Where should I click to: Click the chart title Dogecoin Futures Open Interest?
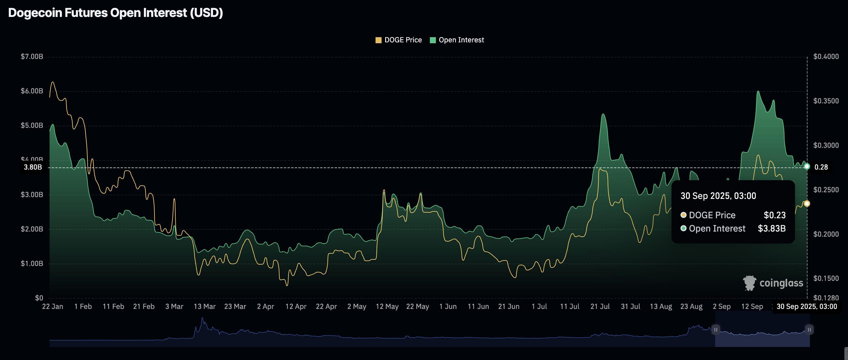click(115, 13)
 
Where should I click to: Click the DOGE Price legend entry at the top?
click(399, 40)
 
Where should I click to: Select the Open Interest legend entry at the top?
click(457, 40)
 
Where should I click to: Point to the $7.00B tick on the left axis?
click(32, 57)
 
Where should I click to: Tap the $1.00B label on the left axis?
click(32, 264)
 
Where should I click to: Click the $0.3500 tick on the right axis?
click(826, 101)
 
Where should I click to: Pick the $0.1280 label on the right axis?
click(826, 298)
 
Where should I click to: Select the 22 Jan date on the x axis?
click(53, 306)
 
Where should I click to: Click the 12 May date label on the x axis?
click(387, 306)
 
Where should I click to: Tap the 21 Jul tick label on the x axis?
click(600, 306)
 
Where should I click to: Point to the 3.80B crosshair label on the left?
click(33, 167)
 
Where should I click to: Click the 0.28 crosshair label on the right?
click(821, 167)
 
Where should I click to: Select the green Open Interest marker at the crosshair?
click(807, 167)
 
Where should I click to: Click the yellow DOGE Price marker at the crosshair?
click(807, 204)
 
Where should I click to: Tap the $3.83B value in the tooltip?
click(772, 229)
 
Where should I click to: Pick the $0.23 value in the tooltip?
click(775, 215)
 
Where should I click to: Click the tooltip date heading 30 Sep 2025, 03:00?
click(718, 196)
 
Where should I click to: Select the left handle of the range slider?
click(716, 329)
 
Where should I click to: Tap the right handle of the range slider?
click(809, 329)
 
